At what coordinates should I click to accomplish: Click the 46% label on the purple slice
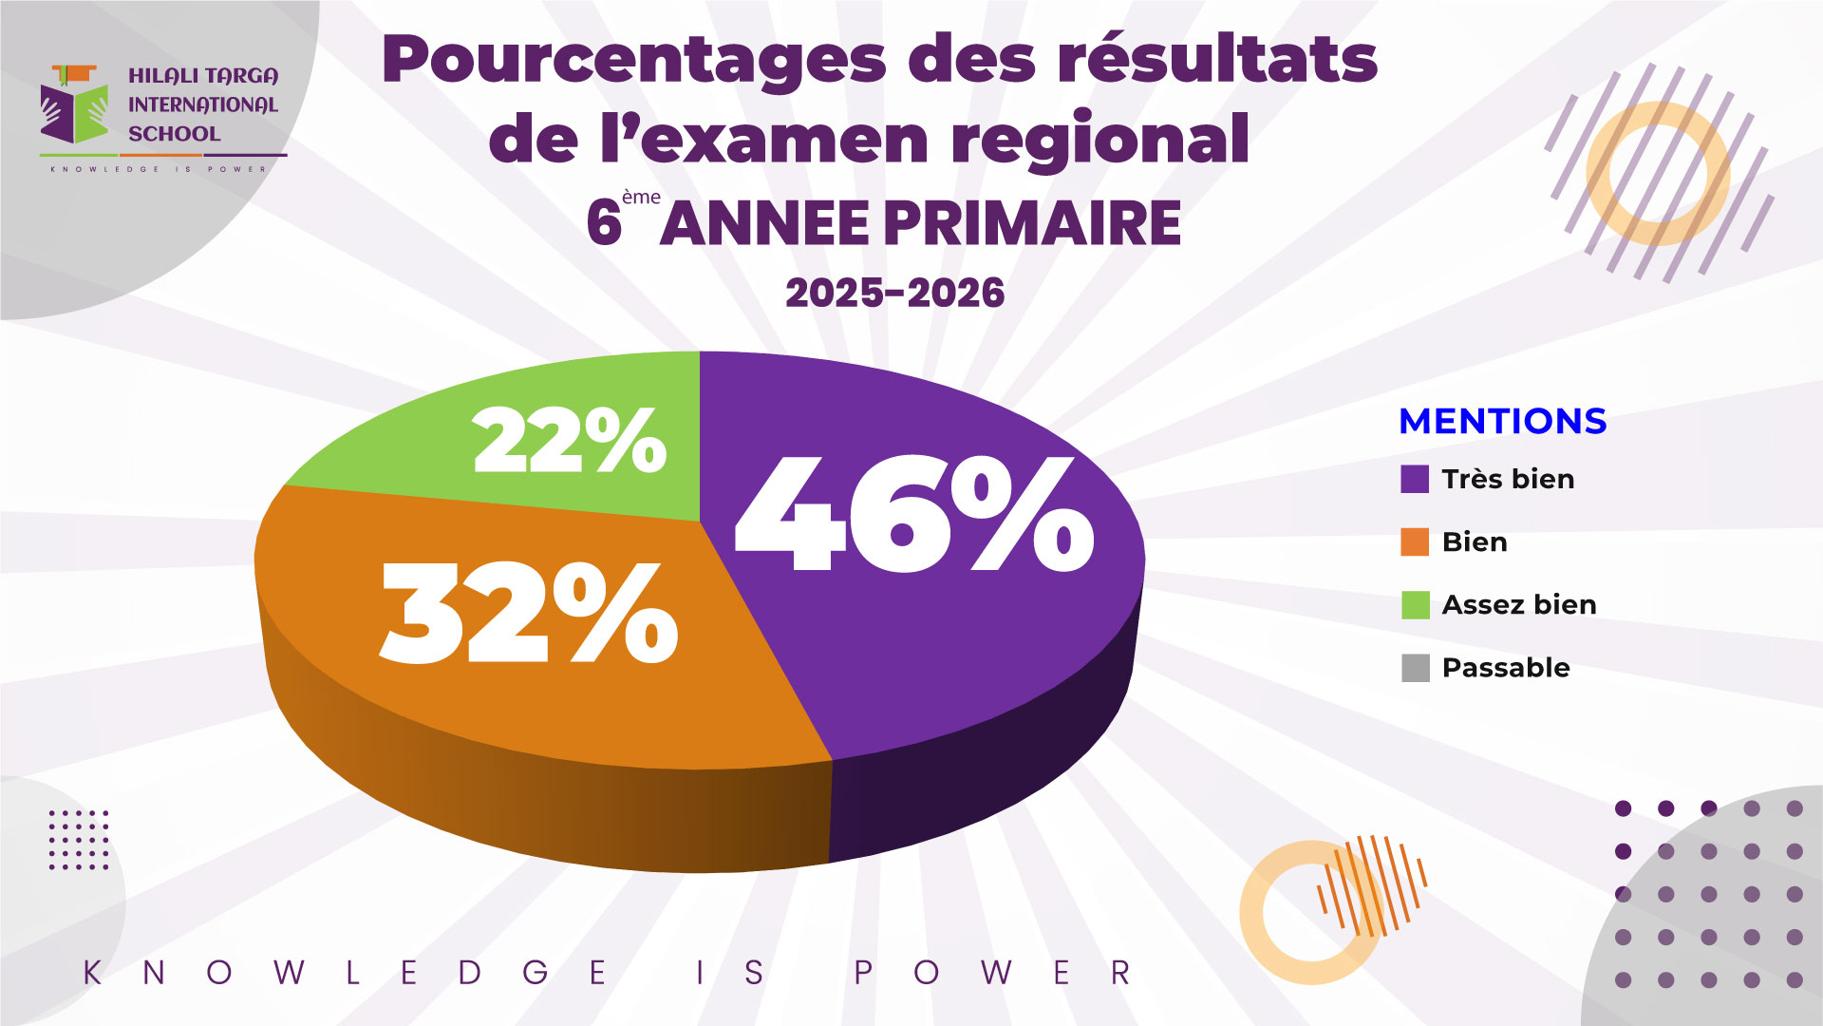914,514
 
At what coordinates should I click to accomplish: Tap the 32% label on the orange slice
529,613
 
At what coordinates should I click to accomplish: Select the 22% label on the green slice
570,439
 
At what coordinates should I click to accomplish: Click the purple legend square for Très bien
1415,479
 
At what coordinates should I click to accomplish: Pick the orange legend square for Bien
1415,541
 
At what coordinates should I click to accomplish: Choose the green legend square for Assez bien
1415,604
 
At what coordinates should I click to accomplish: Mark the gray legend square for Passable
1415,668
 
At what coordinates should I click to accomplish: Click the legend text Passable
1506,668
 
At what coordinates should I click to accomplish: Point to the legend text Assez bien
1519,604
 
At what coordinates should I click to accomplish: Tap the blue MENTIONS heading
1503,421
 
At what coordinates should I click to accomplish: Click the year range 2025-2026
894,293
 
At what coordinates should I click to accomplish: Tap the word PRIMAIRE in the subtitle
1033,223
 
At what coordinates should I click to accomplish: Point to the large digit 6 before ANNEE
604,223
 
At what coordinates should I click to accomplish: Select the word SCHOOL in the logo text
175,134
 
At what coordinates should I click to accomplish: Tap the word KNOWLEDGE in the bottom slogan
346,973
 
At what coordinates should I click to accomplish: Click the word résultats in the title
1218,59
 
